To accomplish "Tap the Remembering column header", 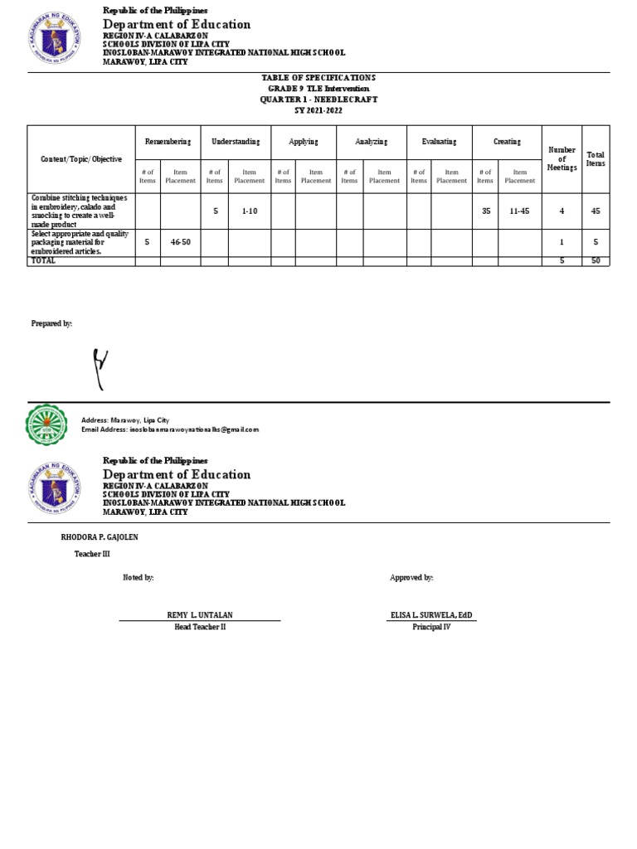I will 168,142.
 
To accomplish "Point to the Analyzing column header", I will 371,142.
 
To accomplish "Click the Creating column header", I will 507,142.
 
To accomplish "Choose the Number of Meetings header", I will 562,158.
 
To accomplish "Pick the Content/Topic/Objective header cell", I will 81,158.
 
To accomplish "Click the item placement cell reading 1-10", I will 250,211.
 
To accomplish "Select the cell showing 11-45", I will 519,211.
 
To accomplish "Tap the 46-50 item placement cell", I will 180,242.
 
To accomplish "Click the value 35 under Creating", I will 486,211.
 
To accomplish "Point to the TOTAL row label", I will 44,260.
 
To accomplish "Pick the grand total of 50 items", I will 596,260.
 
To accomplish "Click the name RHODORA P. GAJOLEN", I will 100,537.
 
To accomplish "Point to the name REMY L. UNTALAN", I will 200,615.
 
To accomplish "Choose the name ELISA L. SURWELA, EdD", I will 431,615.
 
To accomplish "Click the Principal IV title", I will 431,628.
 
